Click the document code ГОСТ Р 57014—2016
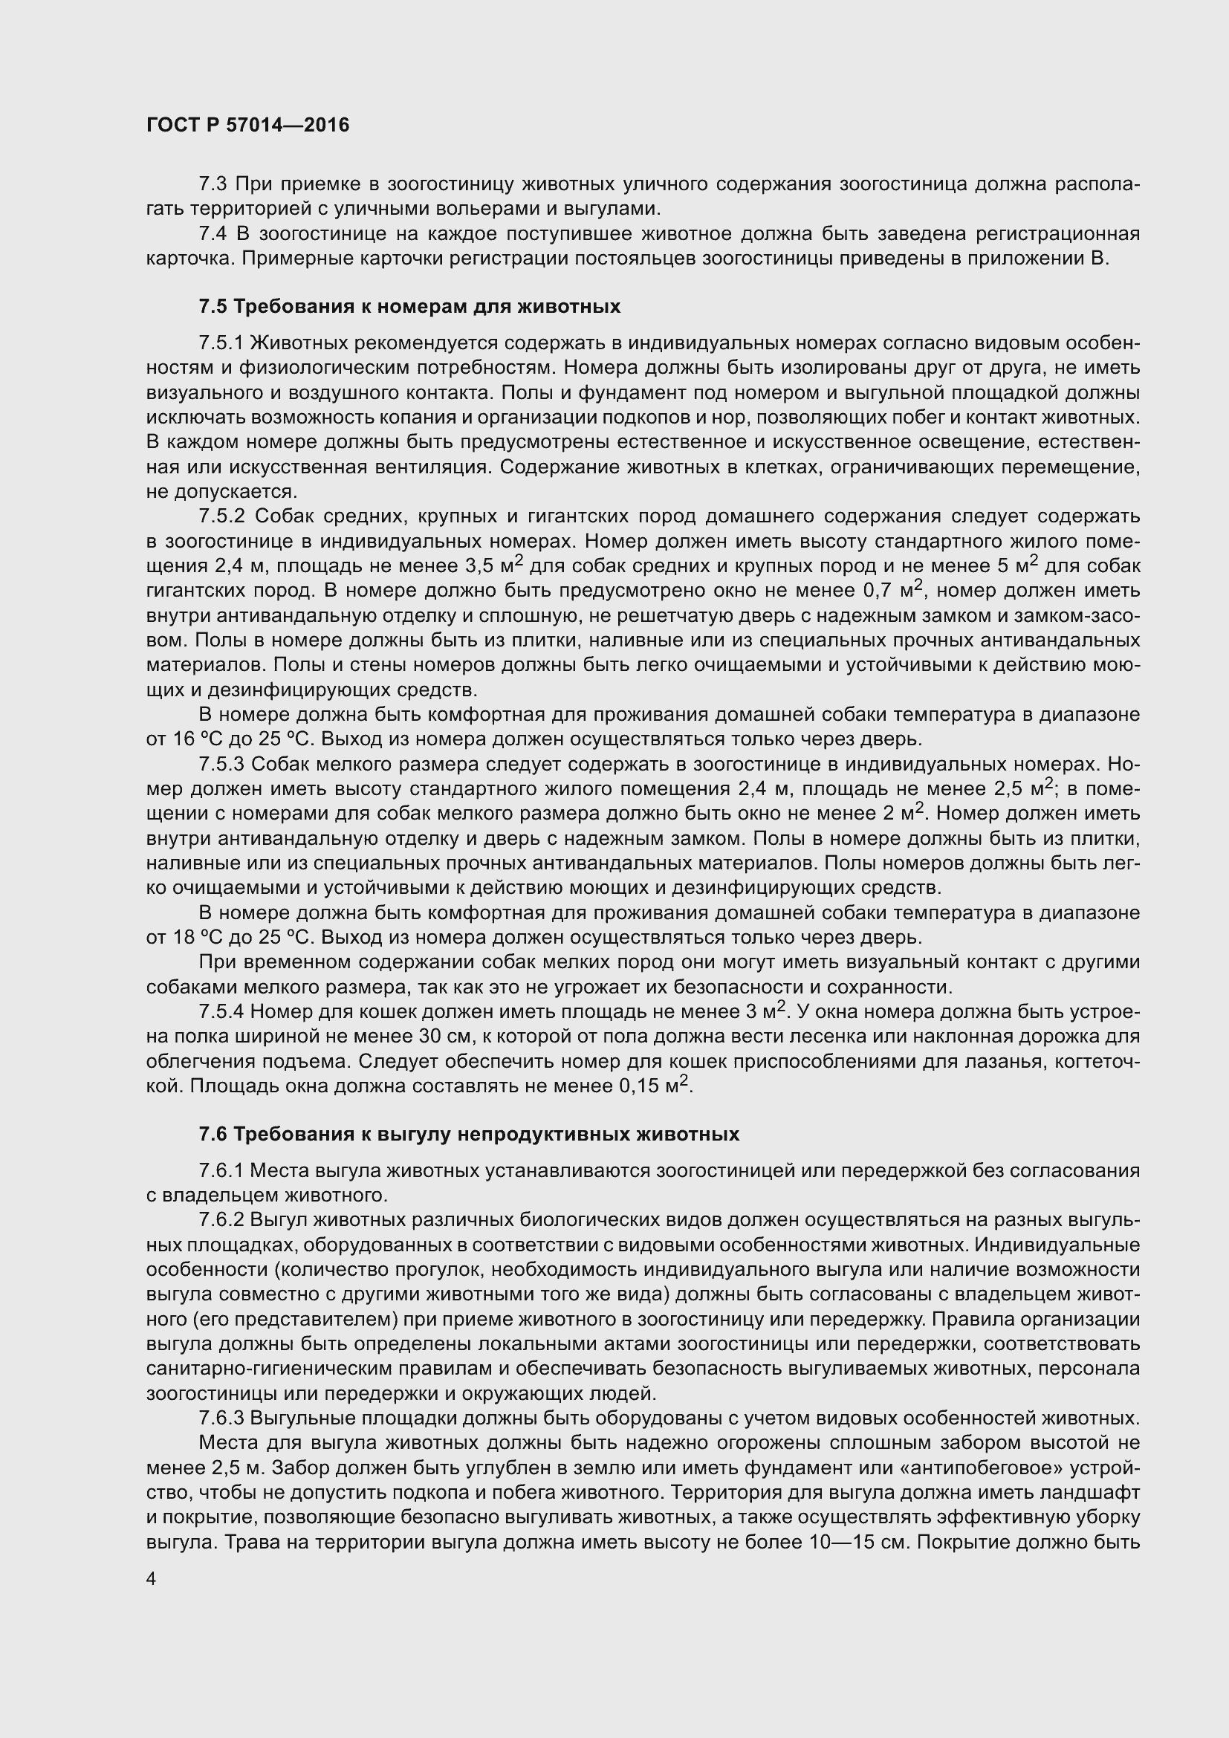coord(247,126)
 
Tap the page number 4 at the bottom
coord(152,1579)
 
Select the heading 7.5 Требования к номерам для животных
coord(409,307)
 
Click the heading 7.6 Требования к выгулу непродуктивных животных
coord(468,1134)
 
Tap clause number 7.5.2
coord(221,516)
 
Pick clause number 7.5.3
coord(221,764)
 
